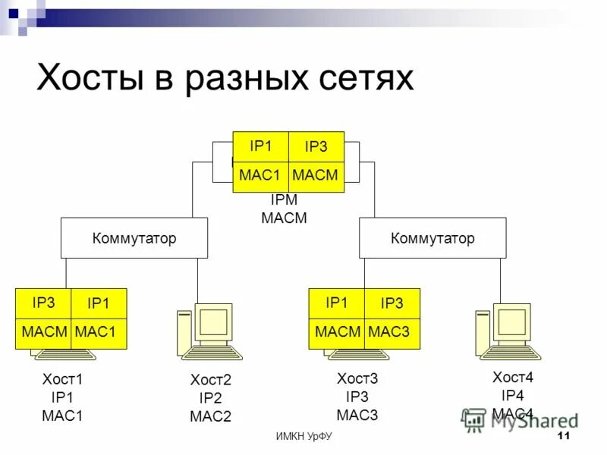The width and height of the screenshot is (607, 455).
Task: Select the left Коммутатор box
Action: click(x=134, y=238)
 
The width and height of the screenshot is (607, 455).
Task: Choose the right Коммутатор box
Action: click(x=432, y=238)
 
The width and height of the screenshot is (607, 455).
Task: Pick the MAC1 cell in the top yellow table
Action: click(x=260, y=176)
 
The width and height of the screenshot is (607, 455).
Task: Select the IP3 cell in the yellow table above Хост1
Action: click(x=43, y=303)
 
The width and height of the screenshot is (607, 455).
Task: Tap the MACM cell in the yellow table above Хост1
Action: click(x=43, y=332)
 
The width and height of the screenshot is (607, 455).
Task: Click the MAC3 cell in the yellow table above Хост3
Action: click(x=392, y=332)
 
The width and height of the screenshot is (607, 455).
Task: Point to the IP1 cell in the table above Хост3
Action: click(x=336, y=303)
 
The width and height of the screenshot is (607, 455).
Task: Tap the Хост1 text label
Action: click(x=62, y=378)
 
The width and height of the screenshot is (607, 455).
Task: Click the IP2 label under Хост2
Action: click(x=210, y=398)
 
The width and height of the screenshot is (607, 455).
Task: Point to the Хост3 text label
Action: click(x=357, y=378)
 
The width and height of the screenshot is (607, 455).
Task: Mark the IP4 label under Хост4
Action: click(x=512, y=395)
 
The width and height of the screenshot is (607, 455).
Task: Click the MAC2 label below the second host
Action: click(x=210, y=416)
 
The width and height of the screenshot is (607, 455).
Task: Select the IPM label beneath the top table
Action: click(x=284, y=201)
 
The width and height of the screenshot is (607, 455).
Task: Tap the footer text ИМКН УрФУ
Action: click(x=303, y=437)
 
